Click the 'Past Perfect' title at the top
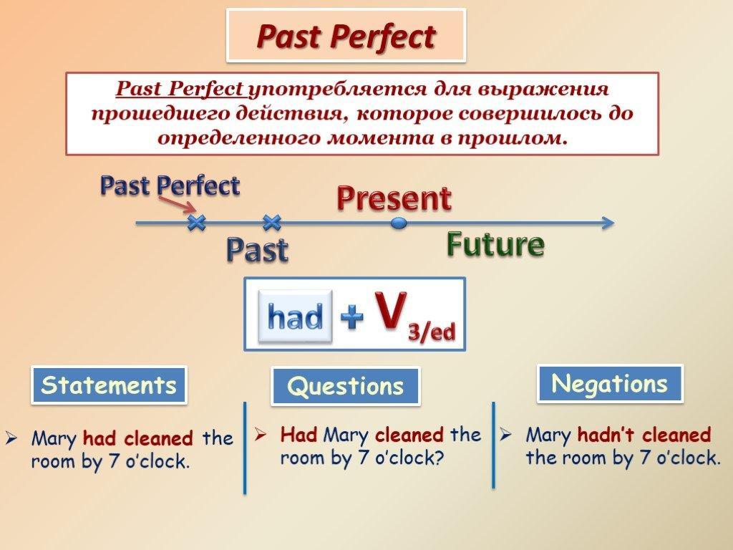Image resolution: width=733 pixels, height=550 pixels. click(346, 36)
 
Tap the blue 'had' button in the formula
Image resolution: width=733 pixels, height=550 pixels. click(295, 316)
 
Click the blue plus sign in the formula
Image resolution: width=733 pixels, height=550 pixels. click(352, 317)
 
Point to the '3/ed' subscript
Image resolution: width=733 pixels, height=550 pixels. click(432, 332)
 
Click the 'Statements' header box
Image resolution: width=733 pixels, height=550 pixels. click(109, 385)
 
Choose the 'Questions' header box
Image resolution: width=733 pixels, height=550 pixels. click(346, 386)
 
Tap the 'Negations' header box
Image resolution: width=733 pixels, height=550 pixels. click(610, 384)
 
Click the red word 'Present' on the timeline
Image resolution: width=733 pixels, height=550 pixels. click(394, 198)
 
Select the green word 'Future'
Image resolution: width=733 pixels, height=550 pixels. click(495, 244)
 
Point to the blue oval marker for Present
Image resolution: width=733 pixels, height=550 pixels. click(398, 223)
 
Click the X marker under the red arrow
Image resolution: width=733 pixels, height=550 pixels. click(196, 223)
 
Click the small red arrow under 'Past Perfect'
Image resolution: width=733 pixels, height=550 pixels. click(178, 204)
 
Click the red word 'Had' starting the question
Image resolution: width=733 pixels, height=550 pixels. click(298, 435)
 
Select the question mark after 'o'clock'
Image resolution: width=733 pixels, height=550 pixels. click(437, 458)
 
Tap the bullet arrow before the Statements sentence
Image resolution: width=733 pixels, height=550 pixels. click(11, 438)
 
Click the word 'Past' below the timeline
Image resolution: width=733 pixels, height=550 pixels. click(257, 250)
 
